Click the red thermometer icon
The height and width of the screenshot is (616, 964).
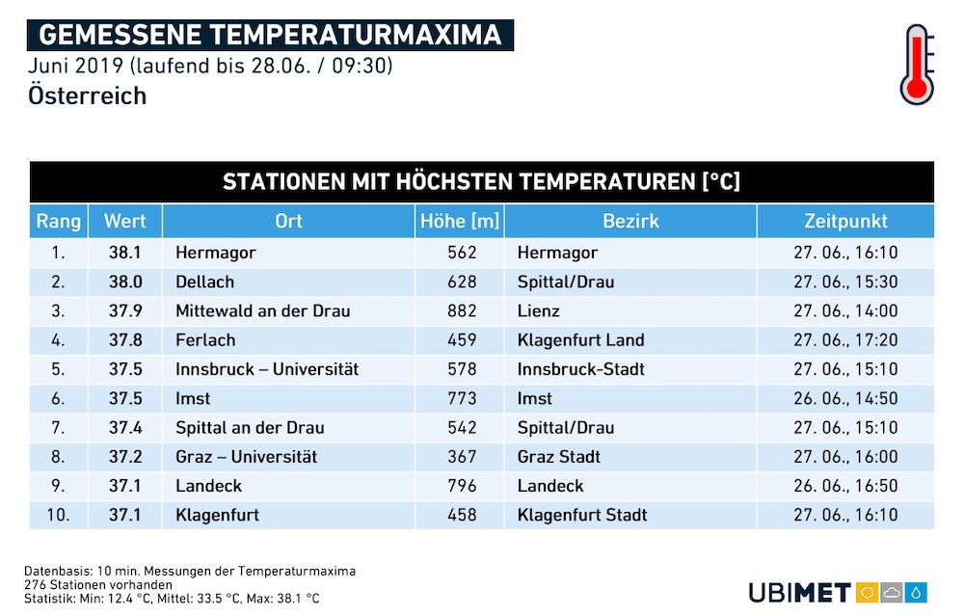(917, 65)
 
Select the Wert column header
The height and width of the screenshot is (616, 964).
(124, 222)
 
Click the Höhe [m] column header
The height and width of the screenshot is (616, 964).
(460, 222)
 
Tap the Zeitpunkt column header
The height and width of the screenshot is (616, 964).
(846, 222)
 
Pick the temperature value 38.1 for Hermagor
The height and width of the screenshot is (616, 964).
(124, 253)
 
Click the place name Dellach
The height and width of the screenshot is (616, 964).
(204, 282)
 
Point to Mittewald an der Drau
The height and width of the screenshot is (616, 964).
(262, 311)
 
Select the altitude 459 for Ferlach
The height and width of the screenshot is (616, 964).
(462, 340)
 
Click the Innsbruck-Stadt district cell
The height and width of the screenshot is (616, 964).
(581, 369)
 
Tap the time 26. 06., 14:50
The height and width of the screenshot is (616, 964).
(846, 398)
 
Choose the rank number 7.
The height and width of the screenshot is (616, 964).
(58, 428)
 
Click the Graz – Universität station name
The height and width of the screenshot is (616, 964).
(247, 457)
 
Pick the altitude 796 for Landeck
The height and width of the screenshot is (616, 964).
(462, 486)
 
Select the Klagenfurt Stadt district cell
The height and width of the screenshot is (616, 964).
(582, 515)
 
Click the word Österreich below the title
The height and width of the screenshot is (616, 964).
(88, 95)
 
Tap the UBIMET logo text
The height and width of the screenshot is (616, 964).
(800, 593)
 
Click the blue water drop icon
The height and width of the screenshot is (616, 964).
(916, 593)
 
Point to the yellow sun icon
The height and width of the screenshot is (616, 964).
(868, 593)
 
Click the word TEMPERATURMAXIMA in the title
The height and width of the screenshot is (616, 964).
(356, 35)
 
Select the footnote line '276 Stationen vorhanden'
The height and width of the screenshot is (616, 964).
(98, 584)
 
